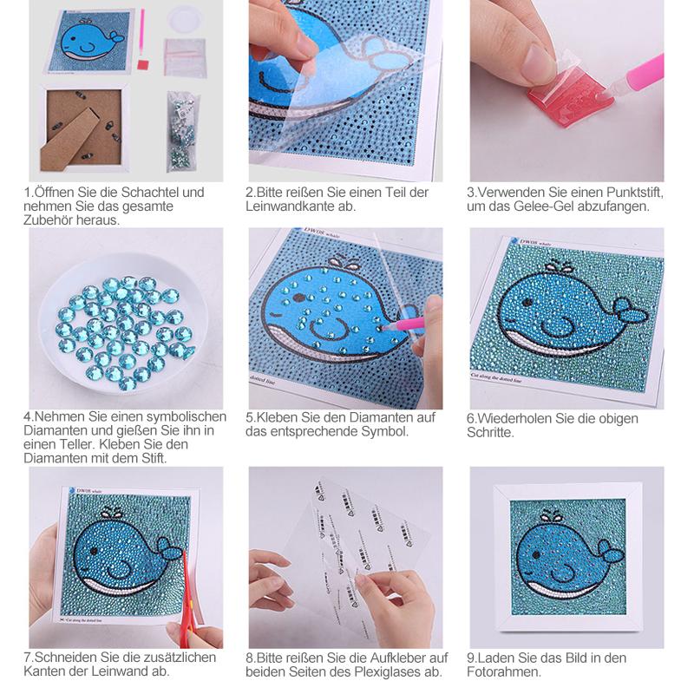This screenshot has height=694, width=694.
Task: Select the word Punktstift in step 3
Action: point(635,193)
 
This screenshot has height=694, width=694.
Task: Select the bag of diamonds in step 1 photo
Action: point(181,131)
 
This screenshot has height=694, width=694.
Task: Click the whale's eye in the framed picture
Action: point(536,554)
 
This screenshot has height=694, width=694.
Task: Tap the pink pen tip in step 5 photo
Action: point(384,328)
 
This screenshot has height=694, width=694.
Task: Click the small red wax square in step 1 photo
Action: point(143,65)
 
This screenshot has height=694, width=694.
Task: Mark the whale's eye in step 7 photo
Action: point(95,551)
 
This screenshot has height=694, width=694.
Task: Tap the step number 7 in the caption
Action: point(28,658)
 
